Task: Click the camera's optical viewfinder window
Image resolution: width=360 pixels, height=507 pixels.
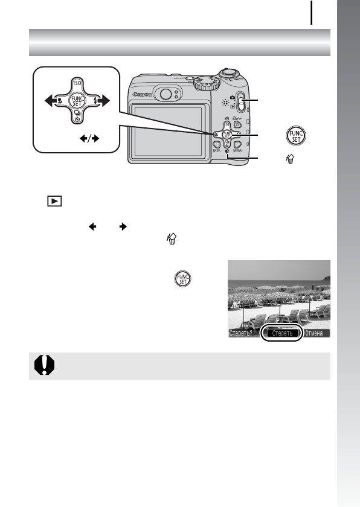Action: click(164, 93)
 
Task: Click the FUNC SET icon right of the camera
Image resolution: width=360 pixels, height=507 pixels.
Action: click(300, 134)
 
